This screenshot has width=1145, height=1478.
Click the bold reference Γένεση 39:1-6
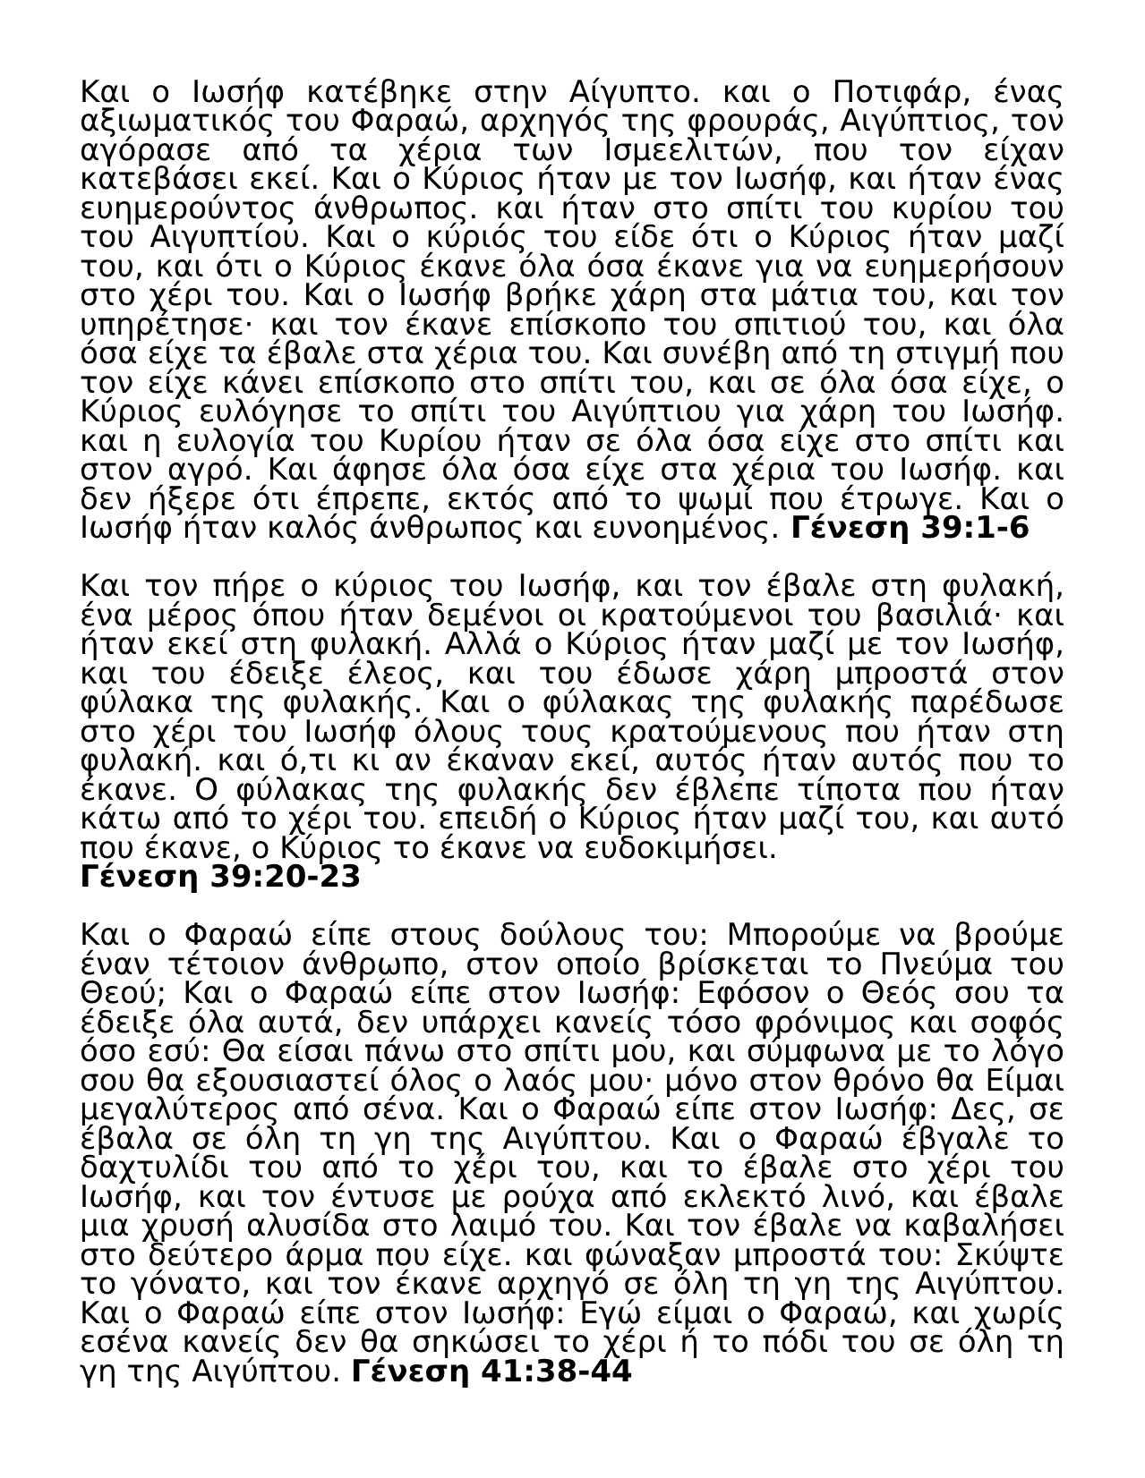pyautogui.click(x=910, y=529)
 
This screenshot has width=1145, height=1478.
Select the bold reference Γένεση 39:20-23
pyautogui.click(x=220, y=877)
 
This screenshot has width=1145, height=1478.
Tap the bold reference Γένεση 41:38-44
pyautogui.click(x=491, y=1372)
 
